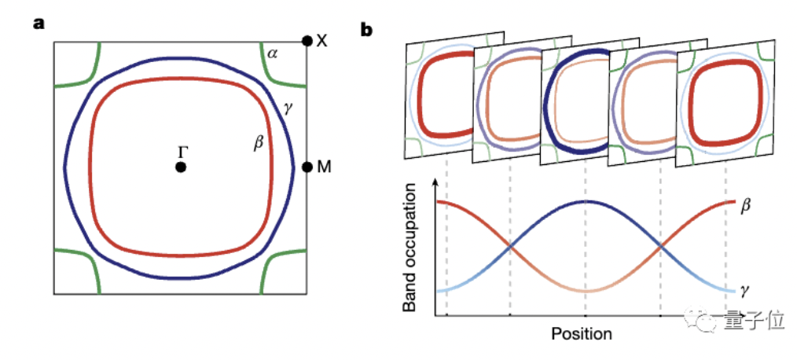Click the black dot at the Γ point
[x=181, y=167]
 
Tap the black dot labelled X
[x=307, y=40]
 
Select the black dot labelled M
[x=307, y=167]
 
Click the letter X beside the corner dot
[x=321, y=40]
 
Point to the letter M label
[x=323, y=167]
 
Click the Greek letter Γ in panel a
[x=183, y=150]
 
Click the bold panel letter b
[x=365, y=30]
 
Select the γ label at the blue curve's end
[x=743, y=289]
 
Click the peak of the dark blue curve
[x=585, y=201]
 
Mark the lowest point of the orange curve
[x=585, y=292]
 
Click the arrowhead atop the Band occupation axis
[x=436, y=186]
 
